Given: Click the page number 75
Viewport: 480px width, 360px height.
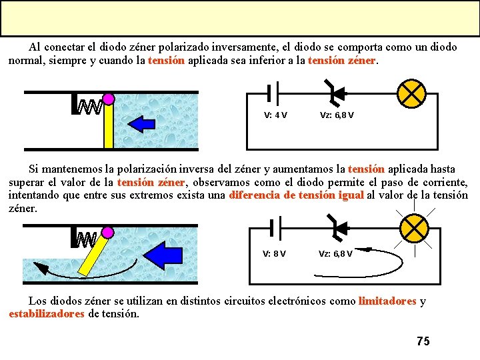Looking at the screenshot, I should (423, 341).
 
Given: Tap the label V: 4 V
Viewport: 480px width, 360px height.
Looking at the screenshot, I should (275, 115).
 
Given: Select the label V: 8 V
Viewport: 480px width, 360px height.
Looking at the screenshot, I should (274, 253).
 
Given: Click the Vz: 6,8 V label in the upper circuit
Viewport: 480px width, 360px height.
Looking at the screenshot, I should (337, 115).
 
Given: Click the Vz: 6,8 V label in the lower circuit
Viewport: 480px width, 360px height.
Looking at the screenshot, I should (335, 253).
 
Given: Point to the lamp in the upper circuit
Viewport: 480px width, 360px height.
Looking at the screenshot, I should (411, 93).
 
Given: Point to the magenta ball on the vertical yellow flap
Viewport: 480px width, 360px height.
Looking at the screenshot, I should (109, 99).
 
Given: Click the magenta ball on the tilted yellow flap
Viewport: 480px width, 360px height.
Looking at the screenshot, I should (108, 233).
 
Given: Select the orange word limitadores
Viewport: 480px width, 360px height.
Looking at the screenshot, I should (387, 301).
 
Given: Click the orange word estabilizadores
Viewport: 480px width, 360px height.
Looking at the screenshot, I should (47, 313).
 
